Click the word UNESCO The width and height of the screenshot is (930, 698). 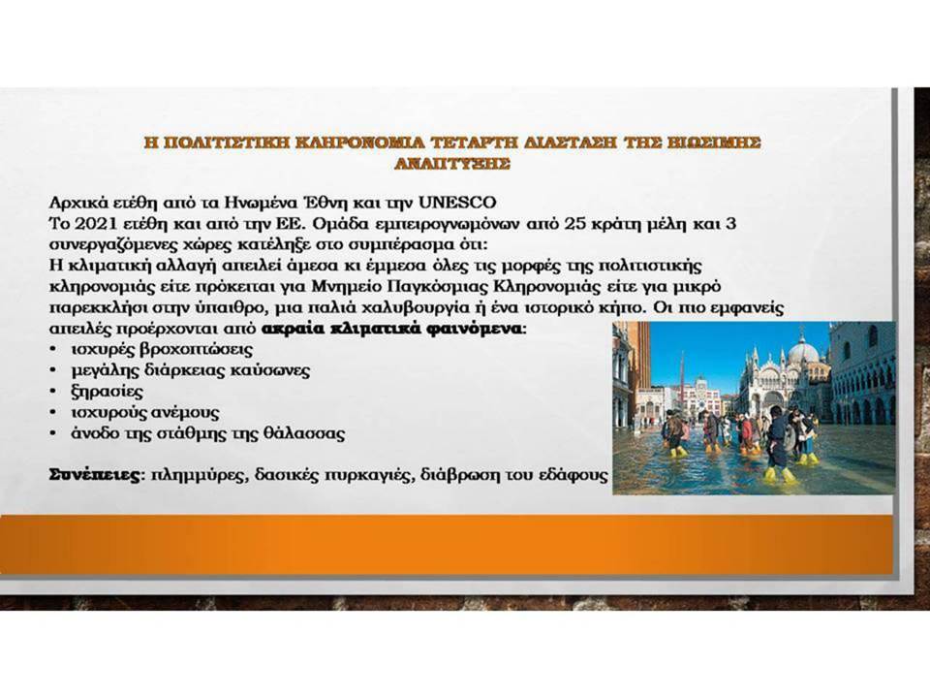pos(456,203)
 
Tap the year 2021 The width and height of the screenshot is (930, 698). pos(94,224)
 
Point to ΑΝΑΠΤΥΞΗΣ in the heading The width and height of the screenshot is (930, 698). pos(452,163)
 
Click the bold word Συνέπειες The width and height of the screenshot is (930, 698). pos(96,475)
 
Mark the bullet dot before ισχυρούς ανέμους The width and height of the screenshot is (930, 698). pos(54,413)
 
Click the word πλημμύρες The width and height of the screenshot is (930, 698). pos(199,475)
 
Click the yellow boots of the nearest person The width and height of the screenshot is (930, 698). pos(779,474)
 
